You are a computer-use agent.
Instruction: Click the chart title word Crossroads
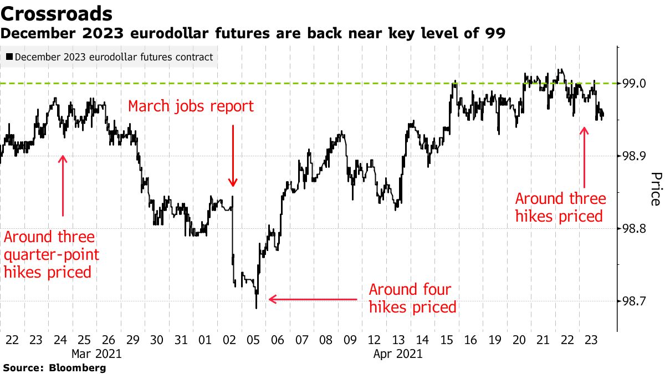(x=58, y=13)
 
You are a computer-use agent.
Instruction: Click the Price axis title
(x=655, y=188)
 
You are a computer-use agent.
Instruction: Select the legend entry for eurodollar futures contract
(x=109, y=57)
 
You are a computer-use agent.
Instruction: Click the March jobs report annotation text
(x=191, y=106)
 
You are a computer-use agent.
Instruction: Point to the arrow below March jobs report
(x=233, y=155)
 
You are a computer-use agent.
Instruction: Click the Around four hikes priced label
(x=412, y=298)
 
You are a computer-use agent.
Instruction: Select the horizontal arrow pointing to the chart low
(x=313, y=299)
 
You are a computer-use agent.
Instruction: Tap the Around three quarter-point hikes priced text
(x=49, y=254)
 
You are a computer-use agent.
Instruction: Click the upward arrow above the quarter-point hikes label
(x=63, y=186)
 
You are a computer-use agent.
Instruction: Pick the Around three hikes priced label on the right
(x=560, y=207)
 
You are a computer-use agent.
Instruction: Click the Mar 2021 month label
(x=96, y=353)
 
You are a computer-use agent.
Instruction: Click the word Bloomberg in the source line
(x=78, y=367)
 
